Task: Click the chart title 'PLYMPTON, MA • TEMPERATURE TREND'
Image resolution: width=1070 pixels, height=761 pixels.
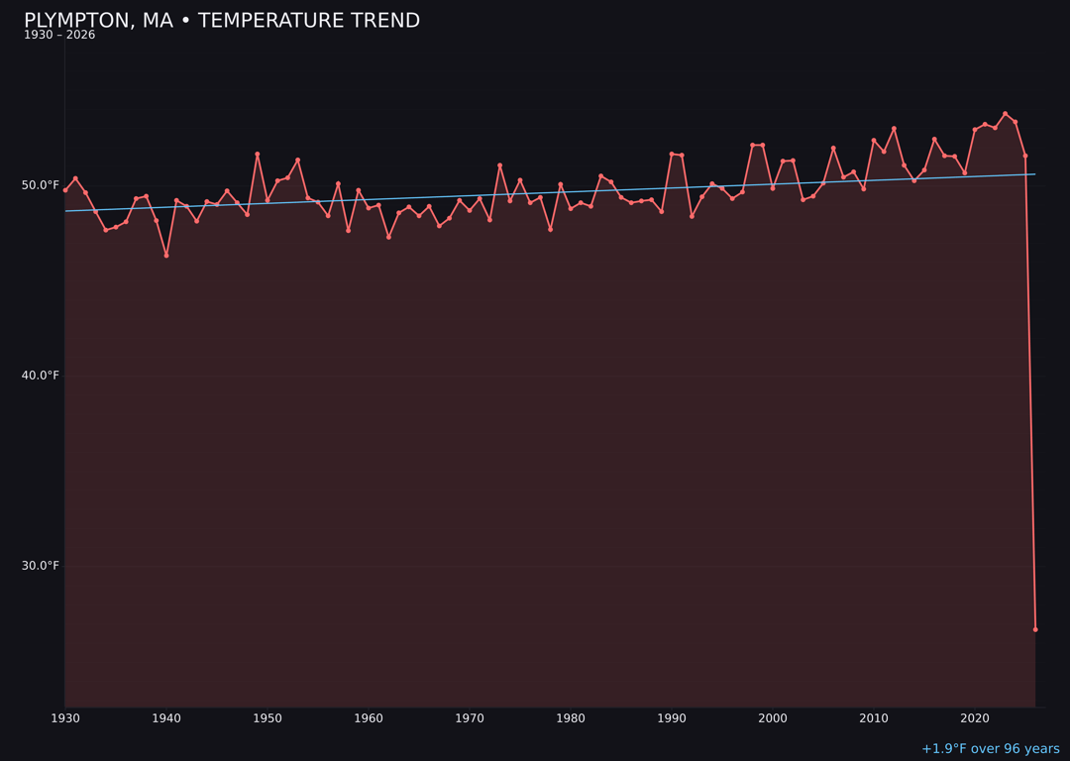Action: (x=222, y=21)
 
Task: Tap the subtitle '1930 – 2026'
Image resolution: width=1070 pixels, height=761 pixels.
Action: (x=59, y=36)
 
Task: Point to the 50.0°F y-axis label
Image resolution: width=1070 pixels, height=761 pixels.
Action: (x=41, y=185)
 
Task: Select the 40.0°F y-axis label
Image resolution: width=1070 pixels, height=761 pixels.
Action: (x=41, y=376)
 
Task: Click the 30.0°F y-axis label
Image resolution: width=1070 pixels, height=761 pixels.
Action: (x=41, y=566)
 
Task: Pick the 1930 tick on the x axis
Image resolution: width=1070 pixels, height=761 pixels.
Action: (x=65, y=718)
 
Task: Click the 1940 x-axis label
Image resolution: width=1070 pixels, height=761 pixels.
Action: (x=166, y=718)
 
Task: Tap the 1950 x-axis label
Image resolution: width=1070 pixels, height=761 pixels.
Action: (x=267, y=718)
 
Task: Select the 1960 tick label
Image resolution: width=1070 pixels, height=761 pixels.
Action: (x=369, y=718)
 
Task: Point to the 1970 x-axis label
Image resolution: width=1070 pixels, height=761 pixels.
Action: (x=470, y=718)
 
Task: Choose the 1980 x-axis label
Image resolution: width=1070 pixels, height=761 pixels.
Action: (x=571, y=718)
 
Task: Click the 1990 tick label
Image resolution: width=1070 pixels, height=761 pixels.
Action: (x=672, y=718)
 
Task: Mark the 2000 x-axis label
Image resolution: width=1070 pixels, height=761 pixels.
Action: (x=773, y=718)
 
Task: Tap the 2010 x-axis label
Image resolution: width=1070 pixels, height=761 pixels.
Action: (x=874, y=718)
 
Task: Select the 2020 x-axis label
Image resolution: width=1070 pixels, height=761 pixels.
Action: (x=975, y=718)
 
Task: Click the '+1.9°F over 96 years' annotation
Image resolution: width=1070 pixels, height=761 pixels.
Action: (x=990, y=749)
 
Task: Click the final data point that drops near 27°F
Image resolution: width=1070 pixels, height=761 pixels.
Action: (x=1035, y=629)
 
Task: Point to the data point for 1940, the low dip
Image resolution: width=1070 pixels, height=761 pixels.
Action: (x=166, y=256)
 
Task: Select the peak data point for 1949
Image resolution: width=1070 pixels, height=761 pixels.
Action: (x=257, y=155)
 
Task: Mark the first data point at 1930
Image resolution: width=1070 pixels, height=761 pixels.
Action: (x=65, y=189)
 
